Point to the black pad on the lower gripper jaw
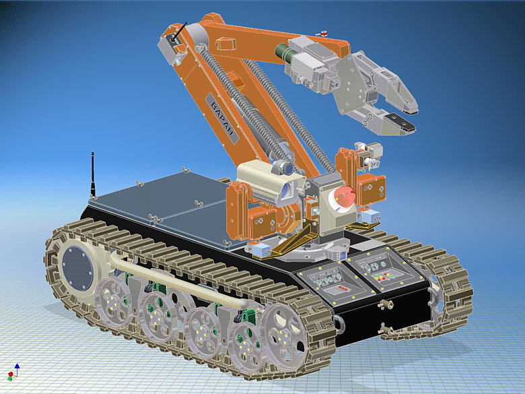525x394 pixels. tap(403, 124)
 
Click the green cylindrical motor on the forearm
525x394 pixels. tap(281, 53)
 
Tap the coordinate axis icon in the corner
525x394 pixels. tap(13, 371)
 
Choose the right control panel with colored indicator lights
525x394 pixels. tap(381, 269)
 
